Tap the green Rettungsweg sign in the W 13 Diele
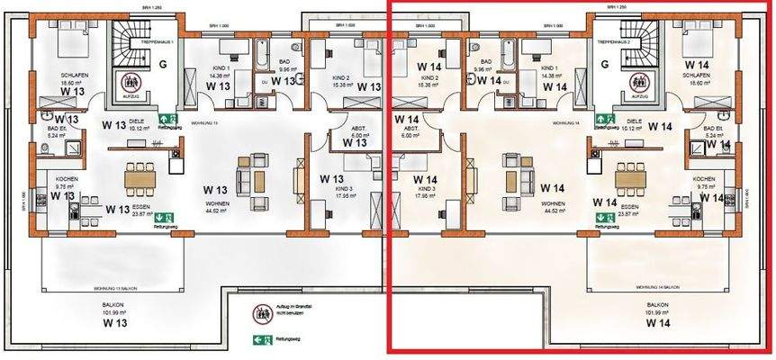(x=165, y=118)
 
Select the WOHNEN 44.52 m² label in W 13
(x=213, y=209)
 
